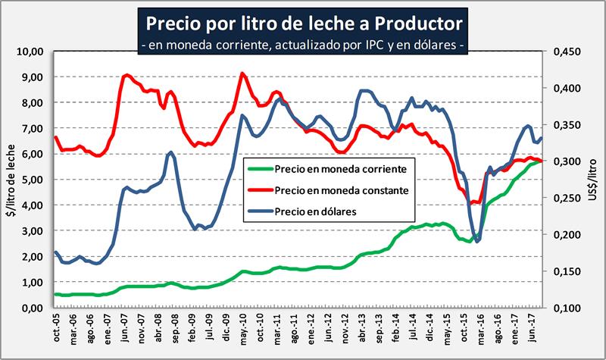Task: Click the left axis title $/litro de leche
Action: pos(10,180)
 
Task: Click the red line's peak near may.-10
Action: pos(242,74)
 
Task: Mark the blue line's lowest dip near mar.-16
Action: pos(477,242)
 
